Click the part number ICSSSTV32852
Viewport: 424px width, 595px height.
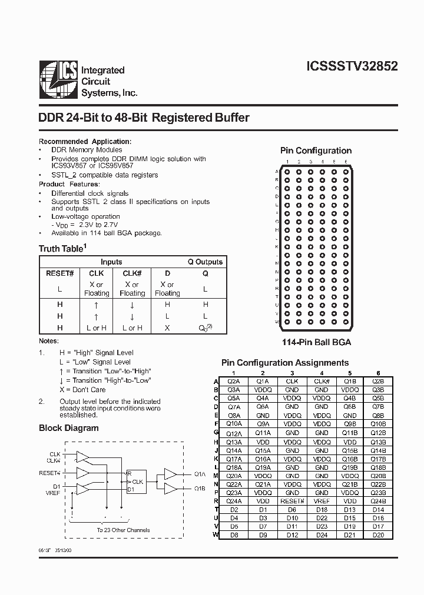(352, 66)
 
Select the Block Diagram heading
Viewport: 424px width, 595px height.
(69, 428)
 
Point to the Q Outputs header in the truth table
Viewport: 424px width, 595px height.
(205, 262)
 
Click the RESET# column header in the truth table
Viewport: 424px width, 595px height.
(60, 273)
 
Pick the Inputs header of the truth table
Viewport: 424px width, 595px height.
(111, 262)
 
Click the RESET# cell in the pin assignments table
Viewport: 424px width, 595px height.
(292, 502)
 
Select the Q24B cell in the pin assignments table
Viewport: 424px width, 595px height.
(378, 502)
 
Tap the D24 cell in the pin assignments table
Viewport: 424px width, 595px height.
(322, 536)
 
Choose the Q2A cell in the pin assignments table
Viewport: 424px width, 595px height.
(234, 382)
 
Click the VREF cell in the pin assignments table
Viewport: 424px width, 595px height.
(322, 502)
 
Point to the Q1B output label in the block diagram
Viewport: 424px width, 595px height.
(200, 489)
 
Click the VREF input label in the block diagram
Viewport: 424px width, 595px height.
(52, 494)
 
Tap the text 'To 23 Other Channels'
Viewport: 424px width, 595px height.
(123, 530)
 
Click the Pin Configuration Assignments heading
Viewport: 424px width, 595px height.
(285, 363)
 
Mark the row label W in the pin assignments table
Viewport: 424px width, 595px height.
(216, 536)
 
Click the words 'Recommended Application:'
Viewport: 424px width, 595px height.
(85, 142)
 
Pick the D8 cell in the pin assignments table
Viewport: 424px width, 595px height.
(234, 536)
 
